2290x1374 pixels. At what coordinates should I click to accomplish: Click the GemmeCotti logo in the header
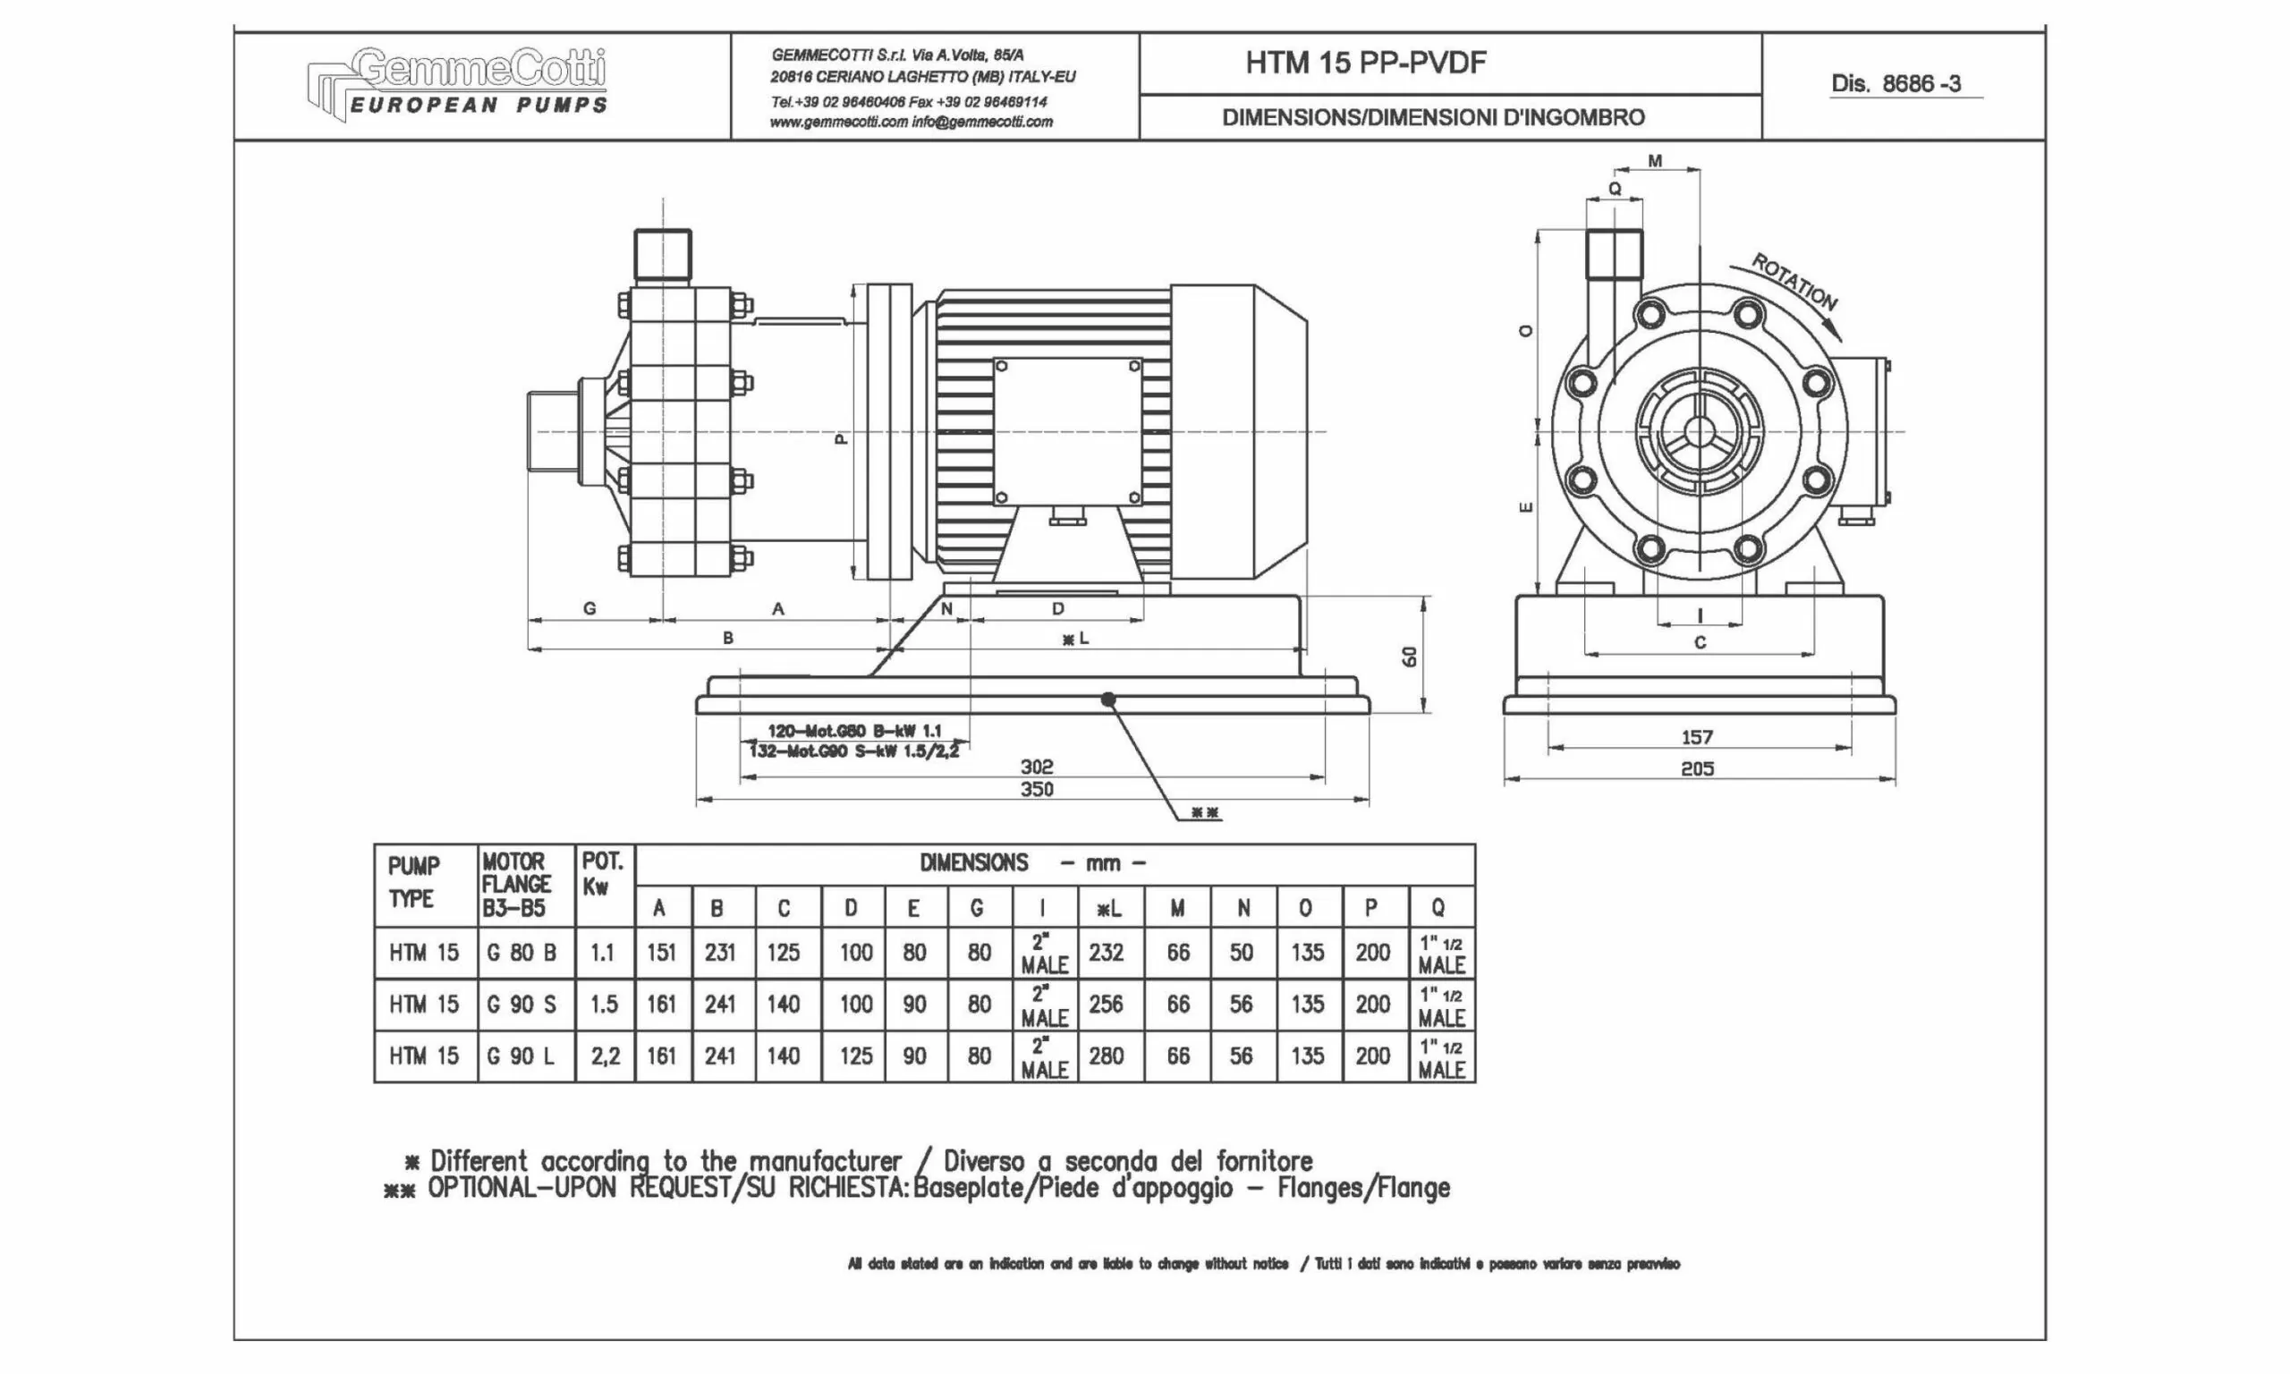pyautogui.click(x=457, y=83)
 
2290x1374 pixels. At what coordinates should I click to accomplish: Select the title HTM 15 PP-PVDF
pyautogui.click(x=1365, y=63)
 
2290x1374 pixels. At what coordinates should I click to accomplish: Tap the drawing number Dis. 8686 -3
pyautogui.click(x=1895, y=84)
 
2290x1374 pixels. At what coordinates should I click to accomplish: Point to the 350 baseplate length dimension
pyautogui.click(x=1037, y=790)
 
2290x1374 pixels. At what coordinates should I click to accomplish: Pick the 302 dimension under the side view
pyautogui.click(x=1037, y=767)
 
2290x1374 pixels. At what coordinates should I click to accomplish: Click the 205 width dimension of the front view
pyautogui.click(x=1697, y=768)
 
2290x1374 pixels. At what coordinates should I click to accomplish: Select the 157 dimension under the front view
pyautogui.click(x=1697, y=738)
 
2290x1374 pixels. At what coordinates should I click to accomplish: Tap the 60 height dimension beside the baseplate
pyautogui.click(x=1410, y=657)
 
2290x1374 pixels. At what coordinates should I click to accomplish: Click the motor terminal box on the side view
pyautogui.click(x=1067, y=432)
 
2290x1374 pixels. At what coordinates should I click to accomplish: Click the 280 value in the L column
pyautogui.click(x=1107, y=1056)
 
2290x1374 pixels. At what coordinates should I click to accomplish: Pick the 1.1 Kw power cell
pyautogui.click(x=603, y=953)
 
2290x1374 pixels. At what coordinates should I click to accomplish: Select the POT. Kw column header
pyautogui.click(x=603, y=875)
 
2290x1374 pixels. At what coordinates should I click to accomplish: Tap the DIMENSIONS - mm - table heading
pyautogui.click(x=1033, y=864)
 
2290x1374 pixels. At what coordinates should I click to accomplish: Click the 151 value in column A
pyautogui.click(x=662, y=953)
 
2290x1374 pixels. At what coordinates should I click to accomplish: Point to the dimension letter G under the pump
pyautogui.click(x=589, y=608)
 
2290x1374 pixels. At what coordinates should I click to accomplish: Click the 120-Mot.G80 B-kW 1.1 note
pyautogui.click(x=854, y=731)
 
